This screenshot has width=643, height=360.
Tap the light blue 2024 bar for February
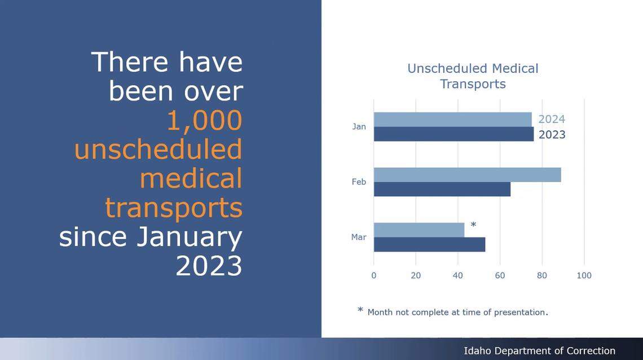pyautogui.click(x=467, y=175)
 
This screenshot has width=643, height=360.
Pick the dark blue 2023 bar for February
pyautogui.click(x=442, y=189)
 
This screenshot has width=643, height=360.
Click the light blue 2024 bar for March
pyautogui.click(x=419, y=230)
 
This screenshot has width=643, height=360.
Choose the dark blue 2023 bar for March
pyautogui.click(x=429, y=244)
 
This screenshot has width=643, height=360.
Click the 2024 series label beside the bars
pyautogui.click(x=551, y=119)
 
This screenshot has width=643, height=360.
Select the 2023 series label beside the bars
pyautogui.click(x=552, y=135)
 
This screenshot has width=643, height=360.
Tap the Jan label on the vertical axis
pyautogui.click(x=359, y=126)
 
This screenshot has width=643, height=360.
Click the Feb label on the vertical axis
pyautogui.click(x=359, y=182)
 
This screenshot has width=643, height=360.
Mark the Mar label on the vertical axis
pyautogui.click(x=359, y=237)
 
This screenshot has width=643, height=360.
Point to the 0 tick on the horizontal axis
pyautogui.click(x=373, y=275)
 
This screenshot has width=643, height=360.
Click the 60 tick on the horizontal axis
pyautogui.click(x=500, y=275)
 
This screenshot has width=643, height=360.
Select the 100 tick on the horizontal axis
pyautogui.click(x=584, y=275)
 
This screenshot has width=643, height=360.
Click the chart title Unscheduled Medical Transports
pyautogui.click(x=473, y=76)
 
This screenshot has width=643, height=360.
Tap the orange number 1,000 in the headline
pyautogui.click(x=204, y=120)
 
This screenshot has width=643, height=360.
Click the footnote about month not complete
pyautogui.click(x=457, y=312)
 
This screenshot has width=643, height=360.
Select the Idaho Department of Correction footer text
pyautogui.click(x=539, y=351)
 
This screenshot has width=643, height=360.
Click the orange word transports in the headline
pyautogui.click(x=174, y=208)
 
